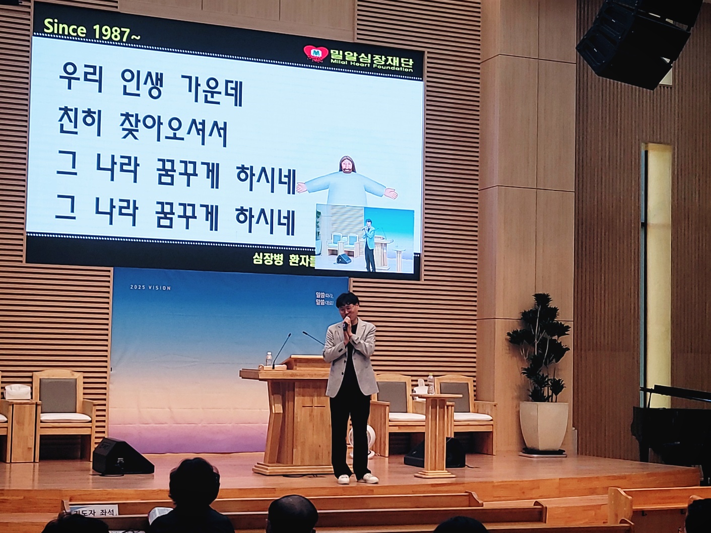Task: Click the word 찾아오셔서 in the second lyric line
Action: pos(166,132)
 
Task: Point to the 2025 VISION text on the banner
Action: pos(150,288)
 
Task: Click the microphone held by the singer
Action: pos(346,323)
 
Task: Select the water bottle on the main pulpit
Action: pos(269,359)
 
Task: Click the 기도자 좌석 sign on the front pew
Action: pos(93,511)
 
